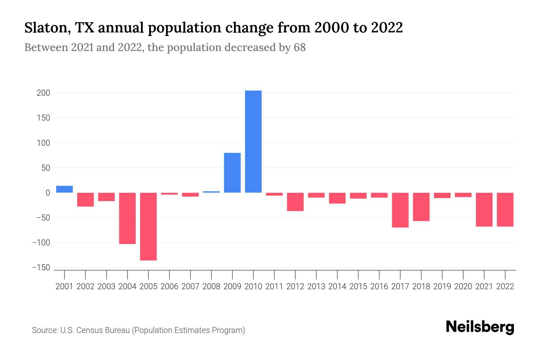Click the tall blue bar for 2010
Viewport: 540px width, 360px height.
(x=253, y=142)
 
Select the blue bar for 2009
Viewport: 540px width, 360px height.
(x=232, y=173)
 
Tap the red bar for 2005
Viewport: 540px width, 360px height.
(x=148, y=226)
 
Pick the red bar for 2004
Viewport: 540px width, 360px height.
(x=127, y=218)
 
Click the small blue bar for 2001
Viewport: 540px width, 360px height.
(x=64, y=189)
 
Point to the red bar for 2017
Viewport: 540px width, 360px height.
(x=400, y=210)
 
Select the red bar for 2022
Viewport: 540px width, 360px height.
(x=505, y=209)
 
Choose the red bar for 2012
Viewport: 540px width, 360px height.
(x=295, y=202)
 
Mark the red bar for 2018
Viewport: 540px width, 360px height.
(x=421, y=207)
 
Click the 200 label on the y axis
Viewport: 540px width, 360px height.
(x=43, y=93)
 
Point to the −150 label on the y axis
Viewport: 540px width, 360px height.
(x=41, y=268)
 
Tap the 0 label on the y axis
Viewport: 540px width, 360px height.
(x=47, y=193)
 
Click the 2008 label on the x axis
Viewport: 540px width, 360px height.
(x=211, y=286)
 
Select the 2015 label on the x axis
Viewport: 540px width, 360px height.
(x=358, y=286)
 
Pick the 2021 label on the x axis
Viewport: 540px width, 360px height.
(x=484, y=286)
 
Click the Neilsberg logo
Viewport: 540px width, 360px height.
(x=480, y=327)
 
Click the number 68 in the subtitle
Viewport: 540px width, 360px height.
(x=299, y=47)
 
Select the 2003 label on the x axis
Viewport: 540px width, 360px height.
(x=106, y=286)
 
